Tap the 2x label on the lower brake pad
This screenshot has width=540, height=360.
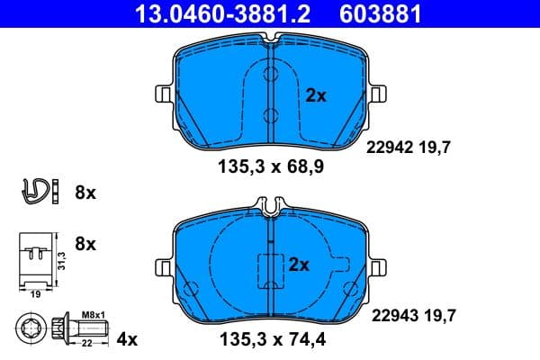coord(298,265)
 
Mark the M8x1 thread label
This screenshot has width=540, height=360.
coord(94,312)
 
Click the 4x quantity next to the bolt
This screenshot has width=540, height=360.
coord(127,339)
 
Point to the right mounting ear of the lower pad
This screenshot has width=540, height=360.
coord(375,265)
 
